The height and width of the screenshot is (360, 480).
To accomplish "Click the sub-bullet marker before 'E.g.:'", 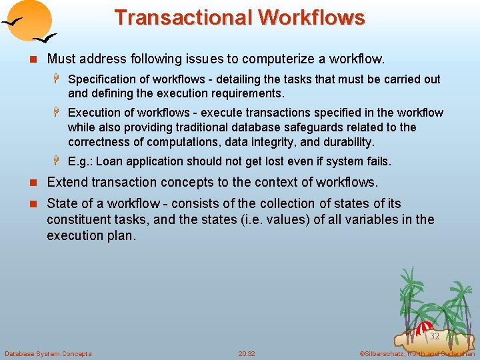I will pyautogui.click(x=58, y=161).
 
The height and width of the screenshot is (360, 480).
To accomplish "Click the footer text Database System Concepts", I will pyautogui.click(x=48, y=353).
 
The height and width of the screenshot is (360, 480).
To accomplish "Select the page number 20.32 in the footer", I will pyautogui.click(x=247, y=353).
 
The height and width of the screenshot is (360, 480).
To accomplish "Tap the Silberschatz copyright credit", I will pyautogui.click(x=417, y=353).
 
